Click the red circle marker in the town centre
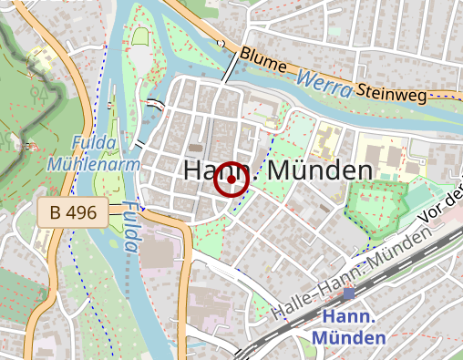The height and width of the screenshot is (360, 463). coord(231,180)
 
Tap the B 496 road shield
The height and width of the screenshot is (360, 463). coord(74,213)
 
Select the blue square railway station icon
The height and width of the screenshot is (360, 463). coord(349,293)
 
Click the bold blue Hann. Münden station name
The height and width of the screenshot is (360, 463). coord(350,327)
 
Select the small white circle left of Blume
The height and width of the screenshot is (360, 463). coord(221,43)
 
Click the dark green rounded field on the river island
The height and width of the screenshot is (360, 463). coord(141,37)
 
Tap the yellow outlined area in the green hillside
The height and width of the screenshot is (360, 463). coord(39,60)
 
